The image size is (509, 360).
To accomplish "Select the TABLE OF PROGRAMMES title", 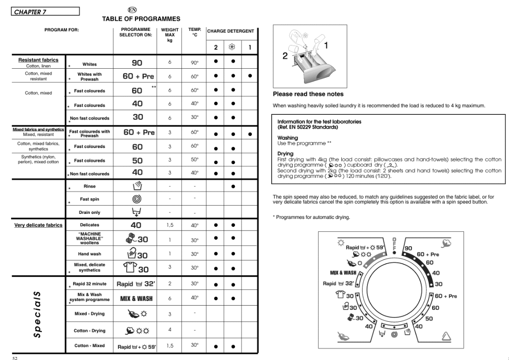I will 141,19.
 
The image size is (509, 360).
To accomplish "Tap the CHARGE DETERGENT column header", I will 230,31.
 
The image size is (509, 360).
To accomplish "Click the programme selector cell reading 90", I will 137,63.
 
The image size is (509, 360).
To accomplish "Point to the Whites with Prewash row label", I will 89,77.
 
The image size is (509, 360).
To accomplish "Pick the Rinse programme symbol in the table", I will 137,187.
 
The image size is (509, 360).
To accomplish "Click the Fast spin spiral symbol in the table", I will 137,200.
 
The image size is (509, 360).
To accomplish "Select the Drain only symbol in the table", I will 137,212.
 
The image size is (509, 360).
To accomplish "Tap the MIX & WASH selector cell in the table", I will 137,299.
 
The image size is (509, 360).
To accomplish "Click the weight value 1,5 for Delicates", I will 170,225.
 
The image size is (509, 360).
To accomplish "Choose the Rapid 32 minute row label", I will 90,284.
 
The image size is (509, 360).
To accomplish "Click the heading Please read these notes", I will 308,94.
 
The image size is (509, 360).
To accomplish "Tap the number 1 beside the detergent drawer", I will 326,45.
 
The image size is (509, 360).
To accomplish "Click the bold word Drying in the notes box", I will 286,154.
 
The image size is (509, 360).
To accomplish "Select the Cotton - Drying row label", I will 89,330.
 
